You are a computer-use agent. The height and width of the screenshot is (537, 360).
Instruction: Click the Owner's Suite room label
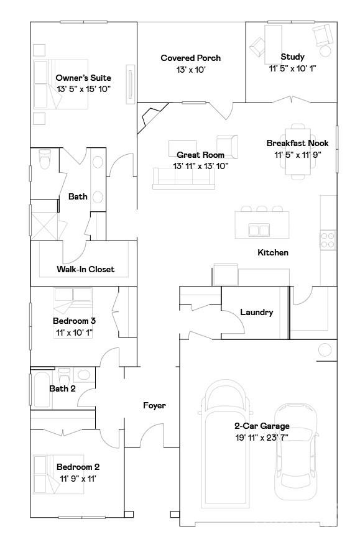click(83, 78)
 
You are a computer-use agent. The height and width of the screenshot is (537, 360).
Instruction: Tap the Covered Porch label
click(190, 58)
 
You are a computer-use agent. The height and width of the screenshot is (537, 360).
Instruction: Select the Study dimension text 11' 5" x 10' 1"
click(292, 69)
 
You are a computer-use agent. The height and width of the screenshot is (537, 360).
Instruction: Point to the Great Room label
click(200, 155)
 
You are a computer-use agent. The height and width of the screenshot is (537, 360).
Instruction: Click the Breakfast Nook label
click(297, 143)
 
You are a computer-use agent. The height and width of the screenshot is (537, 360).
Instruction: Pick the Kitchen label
click(273, 252)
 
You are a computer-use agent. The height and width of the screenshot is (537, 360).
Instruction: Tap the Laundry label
click(256, 312)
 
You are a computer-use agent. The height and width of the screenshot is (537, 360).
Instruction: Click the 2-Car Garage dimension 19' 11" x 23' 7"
click(261, 438)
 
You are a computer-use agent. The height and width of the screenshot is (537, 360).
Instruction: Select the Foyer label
click(154, 405)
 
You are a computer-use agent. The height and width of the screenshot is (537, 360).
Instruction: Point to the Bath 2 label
click(62, 388)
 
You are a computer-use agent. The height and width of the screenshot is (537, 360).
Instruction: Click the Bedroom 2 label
click(78, 467)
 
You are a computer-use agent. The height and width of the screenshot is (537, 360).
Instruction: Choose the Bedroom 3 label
click(74, 321)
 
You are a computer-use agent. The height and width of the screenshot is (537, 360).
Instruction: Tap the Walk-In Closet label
click(85, 269)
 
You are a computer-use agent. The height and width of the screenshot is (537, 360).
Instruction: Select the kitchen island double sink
click(259, 230)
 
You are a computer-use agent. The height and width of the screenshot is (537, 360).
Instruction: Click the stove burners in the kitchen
click(328, 239)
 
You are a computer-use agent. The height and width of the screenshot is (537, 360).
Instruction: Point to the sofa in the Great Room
click(183, 178)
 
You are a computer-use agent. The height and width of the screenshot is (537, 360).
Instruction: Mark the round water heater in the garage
click(325, 350)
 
